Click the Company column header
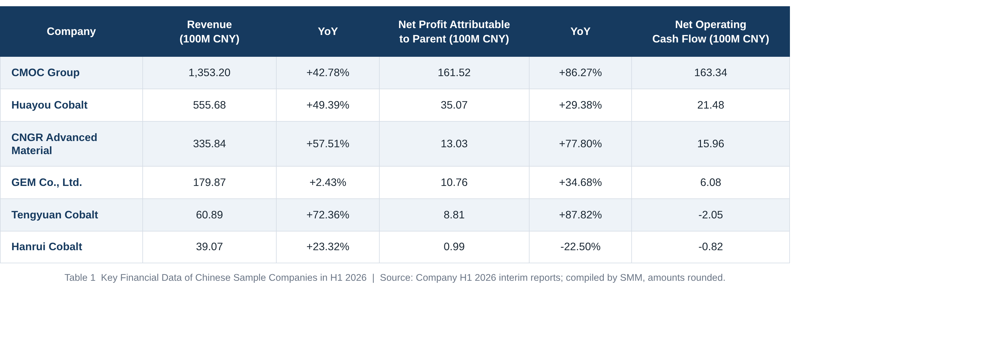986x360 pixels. point(71,32)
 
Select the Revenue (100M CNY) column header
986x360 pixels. point(210,32)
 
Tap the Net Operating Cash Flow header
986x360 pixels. point(710,32)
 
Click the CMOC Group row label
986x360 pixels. point(46,72)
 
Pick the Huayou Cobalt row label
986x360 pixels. point(49,105)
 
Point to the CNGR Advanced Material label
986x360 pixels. point(54,144)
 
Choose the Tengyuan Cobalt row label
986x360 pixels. point(55,215)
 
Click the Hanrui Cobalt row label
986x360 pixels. point(47,247)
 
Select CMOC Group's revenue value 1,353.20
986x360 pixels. point(210,72)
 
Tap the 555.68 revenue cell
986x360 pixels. point(210,105)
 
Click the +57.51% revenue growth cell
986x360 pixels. point(328,144)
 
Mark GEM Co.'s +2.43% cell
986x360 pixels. point(328,182)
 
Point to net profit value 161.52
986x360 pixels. point(454,72)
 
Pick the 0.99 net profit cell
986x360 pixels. point(454,247)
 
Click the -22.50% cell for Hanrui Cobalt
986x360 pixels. point(580,247)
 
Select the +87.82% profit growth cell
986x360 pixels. point(580,215)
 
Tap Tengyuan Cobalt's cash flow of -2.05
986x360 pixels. point(710,215)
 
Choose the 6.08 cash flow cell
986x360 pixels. point(710,182)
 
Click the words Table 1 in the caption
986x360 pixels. point(80,277)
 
